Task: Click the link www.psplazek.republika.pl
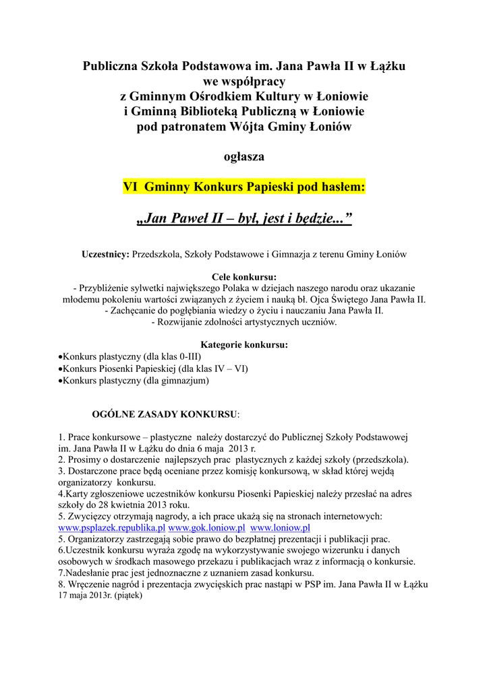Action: [112, 528]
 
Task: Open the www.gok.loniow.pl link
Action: [206, 528]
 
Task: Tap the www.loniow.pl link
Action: [280, 528]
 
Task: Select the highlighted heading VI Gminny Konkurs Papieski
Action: [243, 187]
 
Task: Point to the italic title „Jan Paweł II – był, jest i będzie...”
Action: [243, 219]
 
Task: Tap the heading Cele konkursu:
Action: [244, 276]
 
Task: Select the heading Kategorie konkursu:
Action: [244, 345]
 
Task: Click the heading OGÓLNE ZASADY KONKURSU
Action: [165, 413]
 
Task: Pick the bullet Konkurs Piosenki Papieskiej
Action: [153, 369]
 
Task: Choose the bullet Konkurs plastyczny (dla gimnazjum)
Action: [135, 381]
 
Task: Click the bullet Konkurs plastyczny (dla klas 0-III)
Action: [130, 356]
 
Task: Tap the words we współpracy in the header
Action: [243, 82]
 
